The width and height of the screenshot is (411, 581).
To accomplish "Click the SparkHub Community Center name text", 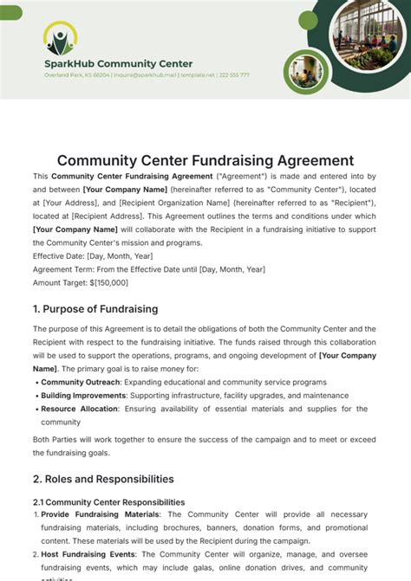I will pyautogui.click(x=119, y=63).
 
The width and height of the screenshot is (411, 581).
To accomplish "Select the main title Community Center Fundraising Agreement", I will pyautogui.click(x=205, y=160).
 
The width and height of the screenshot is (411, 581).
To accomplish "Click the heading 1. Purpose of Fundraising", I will pyautogui.click(x=95, y=309).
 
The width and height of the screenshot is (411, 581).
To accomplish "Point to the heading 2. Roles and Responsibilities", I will pyautogui.click(x=103, y=479).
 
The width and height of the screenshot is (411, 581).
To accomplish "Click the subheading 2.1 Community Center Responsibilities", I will pyautogui.click(x=108, y=502).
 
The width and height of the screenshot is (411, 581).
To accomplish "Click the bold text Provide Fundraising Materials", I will pyautogui.click(x=100, y=514).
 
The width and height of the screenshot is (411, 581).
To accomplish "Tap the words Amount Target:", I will pyautogui.click(x=59, y=282).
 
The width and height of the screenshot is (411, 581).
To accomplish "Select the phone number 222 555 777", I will pyautogui.click(x=234, y=75).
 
